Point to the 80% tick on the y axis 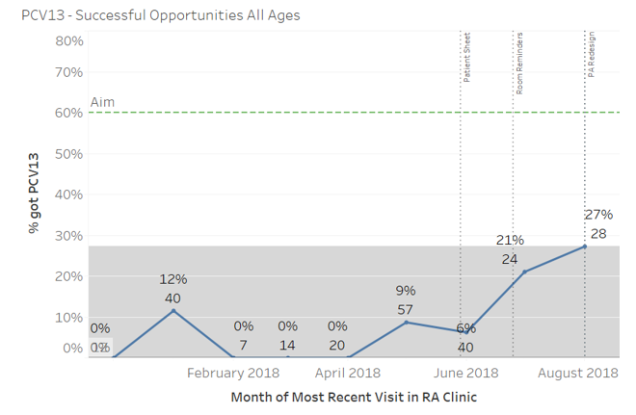click(69, 40)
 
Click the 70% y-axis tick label click(69, 72)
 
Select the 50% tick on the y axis click(69, 153)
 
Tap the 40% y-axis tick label click(69, 195)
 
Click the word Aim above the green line click(102, 102)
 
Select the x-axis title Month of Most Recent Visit click(354, 397)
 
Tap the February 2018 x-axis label click(232, 373)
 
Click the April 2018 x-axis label click(347, 373)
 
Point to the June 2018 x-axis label click(466, 373)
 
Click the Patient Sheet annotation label click(466, 60)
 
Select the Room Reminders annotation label click(518, 63)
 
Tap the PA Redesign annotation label click(591, 55)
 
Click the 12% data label click(173, 279)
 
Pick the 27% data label click(598, 214)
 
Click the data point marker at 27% click(585, 246)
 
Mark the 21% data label click(510, 240)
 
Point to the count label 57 click(406, 309)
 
